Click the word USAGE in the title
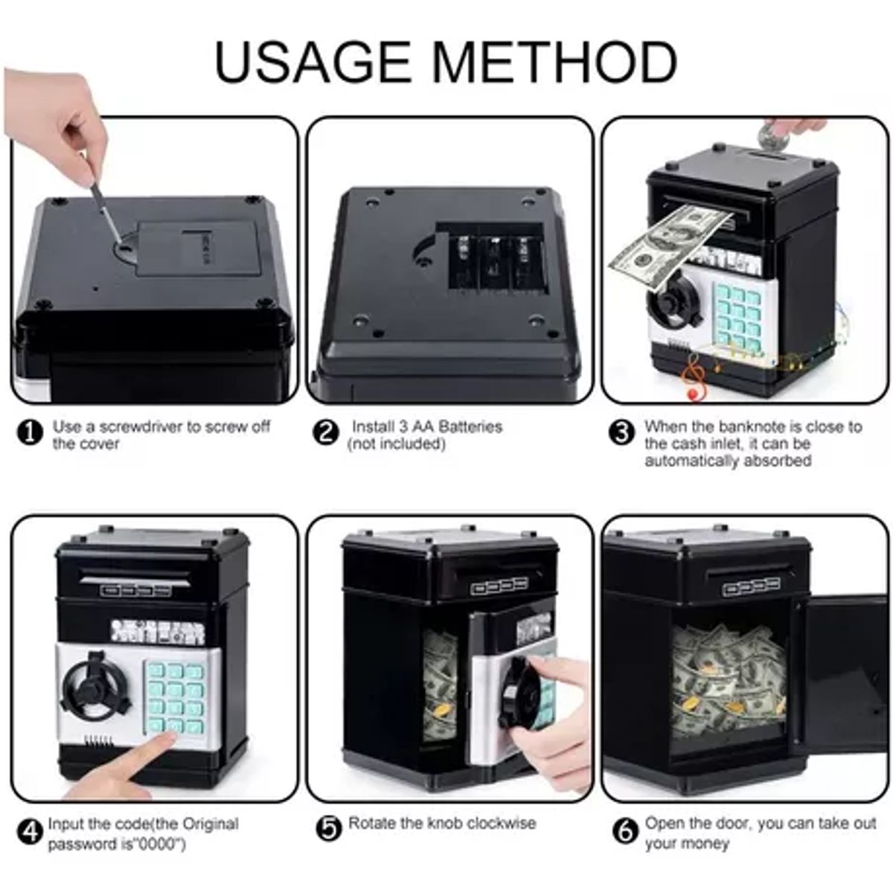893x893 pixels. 313,62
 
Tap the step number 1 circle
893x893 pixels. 30,433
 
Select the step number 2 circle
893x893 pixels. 326,433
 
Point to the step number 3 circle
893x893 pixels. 621,433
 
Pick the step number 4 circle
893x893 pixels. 30,833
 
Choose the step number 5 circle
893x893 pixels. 330,828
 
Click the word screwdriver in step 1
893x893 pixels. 141,426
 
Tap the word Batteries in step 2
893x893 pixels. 470,426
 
